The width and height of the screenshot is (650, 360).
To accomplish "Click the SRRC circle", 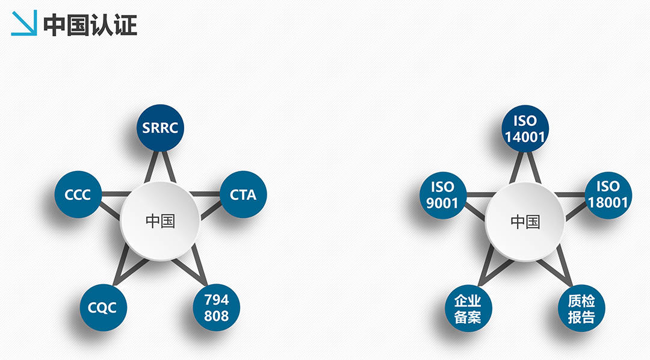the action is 160,128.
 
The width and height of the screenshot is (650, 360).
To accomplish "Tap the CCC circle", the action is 78,194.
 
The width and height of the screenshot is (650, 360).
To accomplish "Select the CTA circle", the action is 243,194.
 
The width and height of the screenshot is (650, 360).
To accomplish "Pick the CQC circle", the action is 104,308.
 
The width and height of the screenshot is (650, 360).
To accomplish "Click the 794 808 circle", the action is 217,308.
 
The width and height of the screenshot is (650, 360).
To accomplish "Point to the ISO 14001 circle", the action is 525,129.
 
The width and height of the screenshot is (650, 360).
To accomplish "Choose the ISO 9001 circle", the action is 443,195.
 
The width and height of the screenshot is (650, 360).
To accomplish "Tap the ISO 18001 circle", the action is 608,195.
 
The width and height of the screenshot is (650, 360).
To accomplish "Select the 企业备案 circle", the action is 468,309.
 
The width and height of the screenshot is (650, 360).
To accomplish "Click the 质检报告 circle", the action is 581,309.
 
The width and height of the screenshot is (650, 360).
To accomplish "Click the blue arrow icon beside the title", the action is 24,23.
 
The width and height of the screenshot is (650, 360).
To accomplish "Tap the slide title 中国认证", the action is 90,25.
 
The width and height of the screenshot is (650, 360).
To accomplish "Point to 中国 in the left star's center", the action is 160,221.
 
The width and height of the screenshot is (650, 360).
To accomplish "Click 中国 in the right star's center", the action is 525,222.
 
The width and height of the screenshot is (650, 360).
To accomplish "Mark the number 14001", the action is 525,137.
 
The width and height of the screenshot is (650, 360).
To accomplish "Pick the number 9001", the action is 442,203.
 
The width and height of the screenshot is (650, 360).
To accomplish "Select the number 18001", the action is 608,203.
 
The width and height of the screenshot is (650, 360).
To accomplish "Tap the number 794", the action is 217,299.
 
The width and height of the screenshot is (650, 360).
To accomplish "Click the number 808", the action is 217,316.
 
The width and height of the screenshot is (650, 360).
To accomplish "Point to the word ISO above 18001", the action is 608,187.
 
